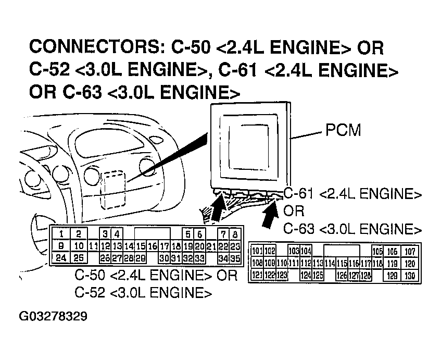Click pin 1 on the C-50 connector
(62, 234)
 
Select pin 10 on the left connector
(79, 246)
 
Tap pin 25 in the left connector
(79, 257)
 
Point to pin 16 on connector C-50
(152, 246)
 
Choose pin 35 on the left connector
(235, 257)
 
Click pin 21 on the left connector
(211, 246)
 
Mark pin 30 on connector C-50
(164, 257)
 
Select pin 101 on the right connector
(257, 252)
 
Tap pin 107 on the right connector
(410, 252)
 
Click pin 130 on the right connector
(410, 275)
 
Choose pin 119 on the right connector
(393, 264)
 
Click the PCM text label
(343, 130)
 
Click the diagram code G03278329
(54, 317)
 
